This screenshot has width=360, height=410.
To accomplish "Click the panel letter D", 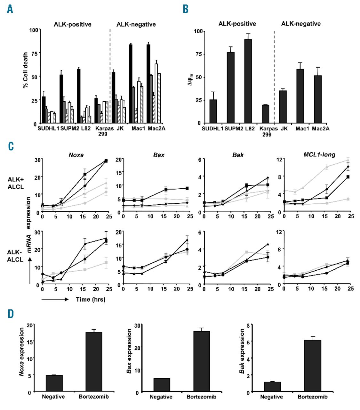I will tap(11, 314).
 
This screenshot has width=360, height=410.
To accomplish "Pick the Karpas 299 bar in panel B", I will tap(265, 114).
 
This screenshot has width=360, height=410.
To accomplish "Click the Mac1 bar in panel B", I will tap(300, 96).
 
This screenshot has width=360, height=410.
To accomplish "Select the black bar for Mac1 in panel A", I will tap(131, 84).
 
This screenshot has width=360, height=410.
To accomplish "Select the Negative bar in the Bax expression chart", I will tap(162, 385).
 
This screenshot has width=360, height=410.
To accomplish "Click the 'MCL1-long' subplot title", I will tap(319, 155).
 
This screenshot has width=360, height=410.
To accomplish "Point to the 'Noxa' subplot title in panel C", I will tap(76, 155).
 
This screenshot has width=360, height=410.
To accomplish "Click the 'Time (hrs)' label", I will tap(91, 299).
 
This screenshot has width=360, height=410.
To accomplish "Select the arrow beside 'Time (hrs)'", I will tap(55, 299).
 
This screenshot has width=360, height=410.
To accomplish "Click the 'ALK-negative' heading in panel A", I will tap(136, 24).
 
